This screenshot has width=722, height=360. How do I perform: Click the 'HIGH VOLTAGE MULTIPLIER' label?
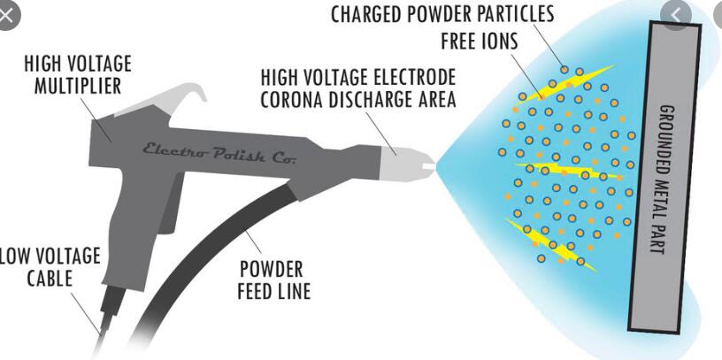(x=77, y=75)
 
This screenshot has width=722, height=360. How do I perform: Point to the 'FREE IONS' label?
(x=478, y=42)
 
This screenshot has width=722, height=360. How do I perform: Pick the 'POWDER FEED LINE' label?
(x=275, y=280)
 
